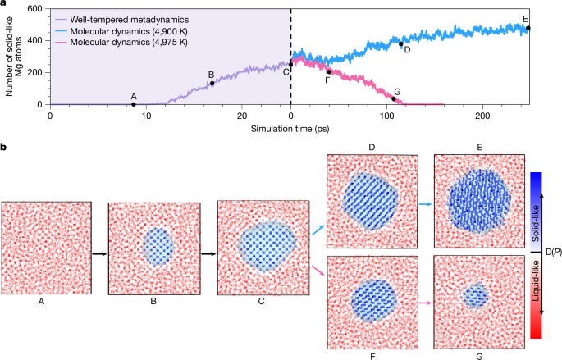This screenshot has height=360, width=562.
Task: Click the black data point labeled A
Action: point(134,104)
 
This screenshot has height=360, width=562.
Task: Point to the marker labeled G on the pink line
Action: point(393,99)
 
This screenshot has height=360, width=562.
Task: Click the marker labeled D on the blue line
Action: point(401,44)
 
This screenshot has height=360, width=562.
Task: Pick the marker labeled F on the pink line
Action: point(329,71)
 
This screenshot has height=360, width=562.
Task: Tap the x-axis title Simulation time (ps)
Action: point(290,130)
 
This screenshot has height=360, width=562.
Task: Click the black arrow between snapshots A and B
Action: point(98,253)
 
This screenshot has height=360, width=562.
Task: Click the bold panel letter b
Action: point(5,147)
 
